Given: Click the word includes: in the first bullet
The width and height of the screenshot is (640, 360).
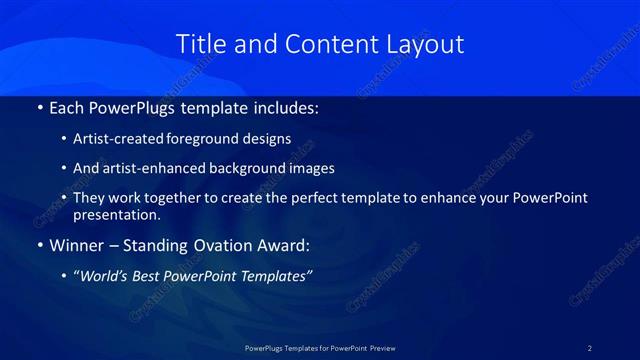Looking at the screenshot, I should coord(283,107).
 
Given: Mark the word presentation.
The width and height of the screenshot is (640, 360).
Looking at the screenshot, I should coord(117,214).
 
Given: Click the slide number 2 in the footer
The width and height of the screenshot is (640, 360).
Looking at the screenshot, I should coord(590,348).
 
